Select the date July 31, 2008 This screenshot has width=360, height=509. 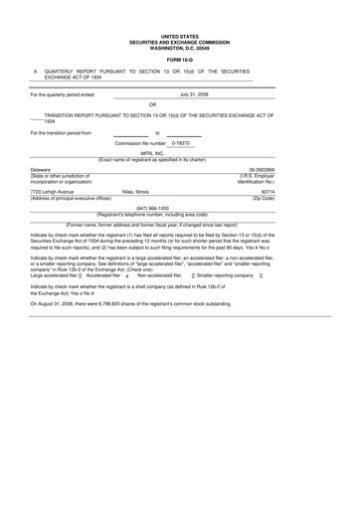pos(193,93)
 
